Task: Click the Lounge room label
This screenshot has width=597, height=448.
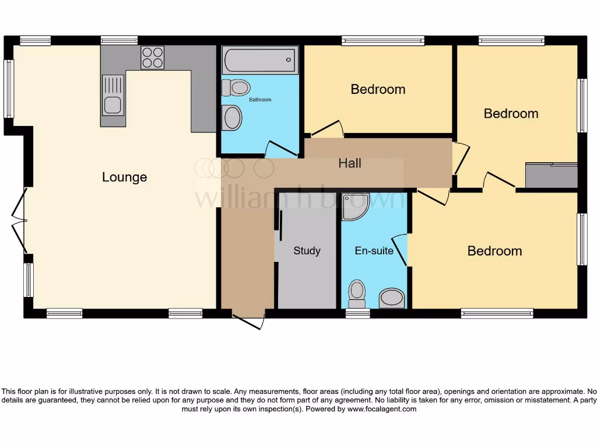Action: click(124, 177)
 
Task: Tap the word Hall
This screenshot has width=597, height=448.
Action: click(350, 163)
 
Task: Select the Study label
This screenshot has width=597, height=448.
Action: click(307, 251)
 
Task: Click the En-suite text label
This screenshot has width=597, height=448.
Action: click(374, 251)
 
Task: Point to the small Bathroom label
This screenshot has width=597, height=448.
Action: click(260, 100)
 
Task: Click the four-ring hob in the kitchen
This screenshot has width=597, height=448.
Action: click(152, 58)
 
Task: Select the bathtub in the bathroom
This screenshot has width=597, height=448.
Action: click(259, 60)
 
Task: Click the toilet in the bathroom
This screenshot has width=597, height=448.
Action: click(236, 88)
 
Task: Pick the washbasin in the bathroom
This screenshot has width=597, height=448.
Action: click(231, 118)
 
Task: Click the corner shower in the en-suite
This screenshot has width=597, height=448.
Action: click(354, 206)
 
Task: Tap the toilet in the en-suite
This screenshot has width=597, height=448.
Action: click(356, 293)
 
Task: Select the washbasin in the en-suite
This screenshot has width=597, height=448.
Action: click(392, 298)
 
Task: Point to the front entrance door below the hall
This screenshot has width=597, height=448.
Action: click(248, 320)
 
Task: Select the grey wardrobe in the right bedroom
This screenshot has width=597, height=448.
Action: click(551, 176)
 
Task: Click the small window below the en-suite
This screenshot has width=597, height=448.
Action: click(357, 313)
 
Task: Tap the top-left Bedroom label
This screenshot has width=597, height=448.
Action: click(378, 89)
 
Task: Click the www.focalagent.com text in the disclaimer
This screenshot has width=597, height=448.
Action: click(382, 409)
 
